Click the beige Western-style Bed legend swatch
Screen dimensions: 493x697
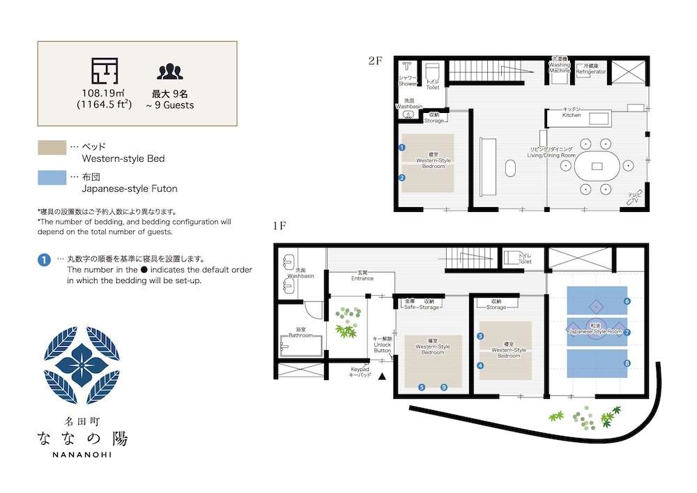pos(50,147)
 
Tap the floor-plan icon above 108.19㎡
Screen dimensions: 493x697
pos(105,71)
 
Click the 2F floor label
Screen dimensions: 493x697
pos(376,61)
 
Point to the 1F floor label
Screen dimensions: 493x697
pos(281,225)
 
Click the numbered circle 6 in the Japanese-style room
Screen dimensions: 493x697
pos(627,301)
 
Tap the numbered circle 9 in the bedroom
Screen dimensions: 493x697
pos(443,387)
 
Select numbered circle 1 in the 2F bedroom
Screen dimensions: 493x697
pos(402,148)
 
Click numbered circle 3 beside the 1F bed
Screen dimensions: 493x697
pos(480,336)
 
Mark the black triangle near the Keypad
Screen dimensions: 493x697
pos(381,377)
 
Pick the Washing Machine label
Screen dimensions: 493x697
pos(560,68)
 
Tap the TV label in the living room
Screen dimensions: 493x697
pos(634,199)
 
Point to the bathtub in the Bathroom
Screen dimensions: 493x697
pos(301,344)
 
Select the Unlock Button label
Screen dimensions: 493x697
pos(383,344)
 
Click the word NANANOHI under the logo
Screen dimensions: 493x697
pos(83,455)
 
